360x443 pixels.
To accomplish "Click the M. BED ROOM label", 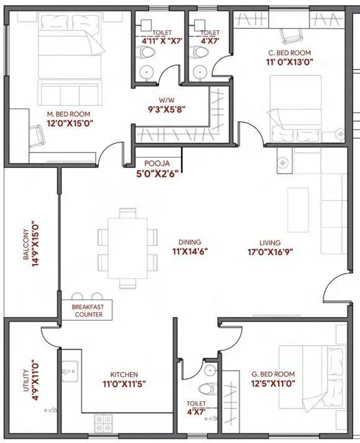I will click(69, 114).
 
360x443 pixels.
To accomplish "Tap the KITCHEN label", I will click(124, 375).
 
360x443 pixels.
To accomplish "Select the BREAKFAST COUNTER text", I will click(87, 311).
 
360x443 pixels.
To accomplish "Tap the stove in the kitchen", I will click(103, 423).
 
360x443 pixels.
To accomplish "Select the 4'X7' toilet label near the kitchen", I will click(197, 411).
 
